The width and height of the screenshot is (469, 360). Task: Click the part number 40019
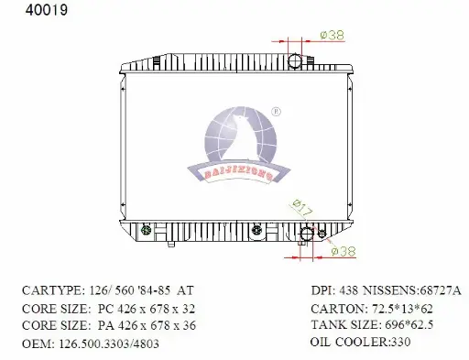(47, 10)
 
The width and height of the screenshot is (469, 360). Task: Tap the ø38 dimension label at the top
(333, 35)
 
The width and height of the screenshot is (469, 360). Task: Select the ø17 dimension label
(302, 208)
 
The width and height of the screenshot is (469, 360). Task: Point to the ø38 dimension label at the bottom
(344, 251)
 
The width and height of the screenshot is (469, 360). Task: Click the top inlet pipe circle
(295, 61)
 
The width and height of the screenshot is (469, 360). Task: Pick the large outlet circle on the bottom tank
(307, 235)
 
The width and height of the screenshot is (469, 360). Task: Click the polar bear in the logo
(241, 138)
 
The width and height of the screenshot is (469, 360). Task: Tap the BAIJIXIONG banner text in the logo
(238, 174)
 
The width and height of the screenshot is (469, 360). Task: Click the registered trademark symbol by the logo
(276, 112)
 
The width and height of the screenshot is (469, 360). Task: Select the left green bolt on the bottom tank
(147, 229)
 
